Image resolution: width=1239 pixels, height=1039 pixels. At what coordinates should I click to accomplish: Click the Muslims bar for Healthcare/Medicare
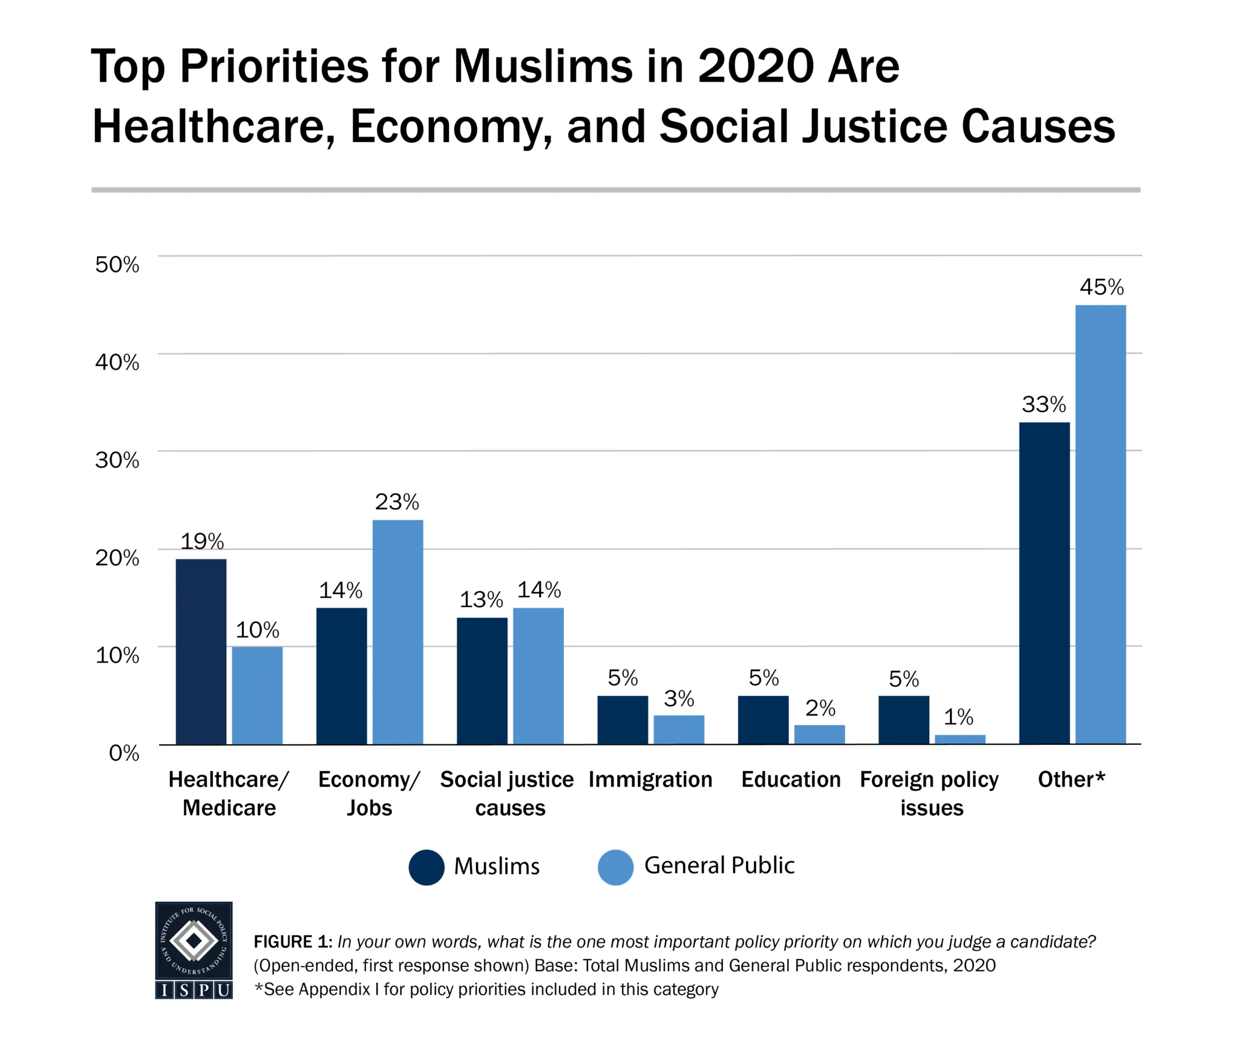[x=201, y=651]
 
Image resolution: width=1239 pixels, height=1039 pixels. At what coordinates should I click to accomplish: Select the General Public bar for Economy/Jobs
[x=397, y=632]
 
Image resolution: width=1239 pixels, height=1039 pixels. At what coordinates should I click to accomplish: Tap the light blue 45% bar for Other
[x=1100, y=524]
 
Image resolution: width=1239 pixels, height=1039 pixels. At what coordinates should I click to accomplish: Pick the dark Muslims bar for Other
[x=1044, y=583]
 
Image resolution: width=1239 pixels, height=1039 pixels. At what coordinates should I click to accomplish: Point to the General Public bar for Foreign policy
[x=959, y=739]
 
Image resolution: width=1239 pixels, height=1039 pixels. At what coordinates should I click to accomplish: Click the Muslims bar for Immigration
[x=622, y=719]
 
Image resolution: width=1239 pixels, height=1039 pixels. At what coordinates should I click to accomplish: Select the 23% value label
[x=396, y=502]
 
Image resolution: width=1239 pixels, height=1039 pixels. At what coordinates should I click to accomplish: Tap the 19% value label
[x=202, y=541]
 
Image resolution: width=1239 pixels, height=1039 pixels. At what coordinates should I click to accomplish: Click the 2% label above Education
[x=820, y=708]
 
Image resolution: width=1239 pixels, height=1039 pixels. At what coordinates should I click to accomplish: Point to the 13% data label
[x=481, y=600]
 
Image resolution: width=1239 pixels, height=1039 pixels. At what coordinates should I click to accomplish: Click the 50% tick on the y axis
[x=117, y=264]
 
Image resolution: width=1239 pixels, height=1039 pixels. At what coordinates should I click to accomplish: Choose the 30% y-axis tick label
[x=117, y=460]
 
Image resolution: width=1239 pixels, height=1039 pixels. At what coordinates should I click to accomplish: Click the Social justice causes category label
[x=507, y=793]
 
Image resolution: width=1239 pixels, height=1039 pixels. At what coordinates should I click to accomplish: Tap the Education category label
[x=791, y=779]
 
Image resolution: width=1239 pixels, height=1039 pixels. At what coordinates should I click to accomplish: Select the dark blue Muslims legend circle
[x=427, y=867]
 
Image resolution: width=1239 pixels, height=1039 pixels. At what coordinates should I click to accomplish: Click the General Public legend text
[x=719, y=865]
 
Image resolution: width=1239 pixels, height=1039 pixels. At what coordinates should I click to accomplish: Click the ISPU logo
[x=194, y=949]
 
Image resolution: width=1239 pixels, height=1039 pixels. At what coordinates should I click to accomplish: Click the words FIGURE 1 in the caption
[x=292, y=942]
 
